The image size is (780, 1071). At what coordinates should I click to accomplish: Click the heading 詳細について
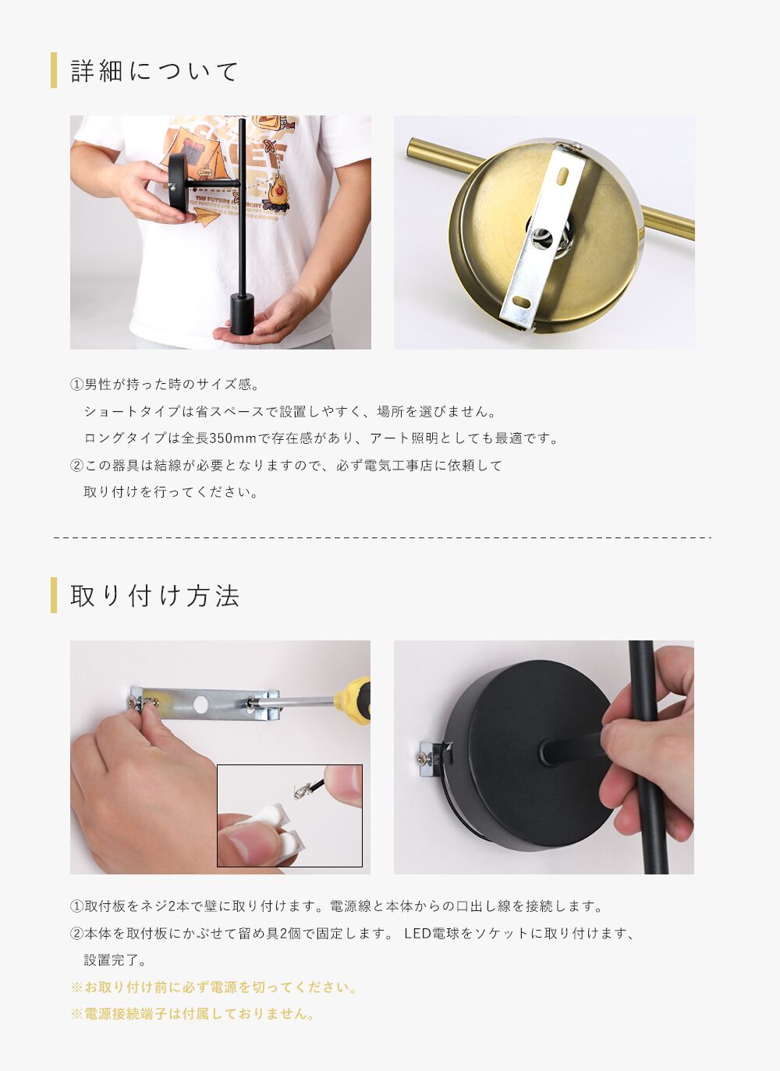154,71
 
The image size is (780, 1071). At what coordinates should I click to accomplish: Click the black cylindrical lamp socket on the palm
242,314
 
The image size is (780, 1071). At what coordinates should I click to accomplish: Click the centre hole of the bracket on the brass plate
541,238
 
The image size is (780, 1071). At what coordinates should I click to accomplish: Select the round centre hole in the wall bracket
201,704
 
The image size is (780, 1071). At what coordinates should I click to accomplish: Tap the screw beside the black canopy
423,757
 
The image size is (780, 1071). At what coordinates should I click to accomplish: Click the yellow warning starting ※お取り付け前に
213,988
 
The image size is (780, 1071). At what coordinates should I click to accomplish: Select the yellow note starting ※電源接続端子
192,1013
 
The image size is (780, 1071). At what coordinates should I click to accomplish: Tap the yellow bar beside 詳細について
54,70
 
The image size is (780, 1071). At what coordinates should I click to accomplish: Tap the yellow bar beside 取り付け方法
54,595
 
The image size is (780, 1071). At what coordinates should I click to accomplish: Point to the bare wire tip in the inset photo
300,793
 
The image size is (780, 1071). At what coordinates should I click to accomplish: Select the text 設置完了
115,960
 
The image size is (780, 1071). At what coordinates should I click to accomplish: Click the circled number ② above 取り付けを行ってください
76,465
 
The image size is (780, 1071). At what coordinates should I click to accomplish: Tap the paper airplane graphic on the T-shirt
207,218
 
